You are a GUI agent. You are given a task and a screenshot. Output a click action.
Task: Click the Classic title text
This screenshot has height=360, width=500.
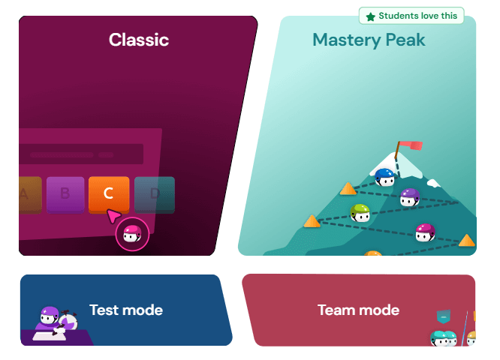tap(139, 40)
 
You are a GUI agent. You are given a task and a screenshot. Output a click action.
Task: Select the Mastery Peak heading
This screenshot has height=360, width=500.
tap(369, 40)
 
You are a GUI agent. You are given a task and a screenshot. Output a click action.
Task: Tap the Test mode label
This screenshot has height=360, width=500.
tap(125, 310)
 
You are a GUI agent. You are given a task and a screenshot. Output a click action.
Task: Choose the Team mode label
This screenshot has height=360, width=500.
tap(358, 310)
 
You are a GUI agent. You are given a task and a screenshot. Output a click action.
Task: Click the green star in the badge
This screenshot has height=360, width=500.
tap(370, 16)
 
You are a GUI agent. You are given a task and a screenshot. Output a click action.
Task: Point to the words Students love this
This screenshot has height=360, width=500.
tap(417, 16)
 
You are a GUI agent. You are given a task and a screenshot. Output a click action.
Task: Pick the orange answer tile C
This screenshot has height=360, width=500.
tap(109, 193)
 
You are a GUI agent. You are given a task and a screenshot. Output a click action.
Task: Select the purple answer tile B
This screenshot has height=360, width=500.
tap(65, 193)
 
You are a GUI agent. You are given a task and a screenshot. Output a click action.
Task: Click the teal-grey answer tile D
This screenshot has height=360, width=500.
tap(155, 193)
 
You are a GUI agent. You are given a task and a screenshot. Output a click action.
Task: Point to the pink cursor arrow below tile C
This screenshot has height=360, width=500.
tap(113, 217)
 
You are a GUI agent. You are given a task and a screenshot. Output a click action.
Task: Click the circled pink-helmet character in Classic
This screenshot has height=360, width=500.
tap(132, 235)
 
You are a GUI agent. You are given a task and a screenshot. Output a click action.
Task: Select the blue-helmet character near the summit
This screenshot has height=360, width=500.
tap(384, 178)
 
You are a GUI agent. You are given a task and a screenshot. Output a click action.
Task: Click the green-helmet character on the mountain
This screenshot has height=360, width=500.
tap(360, 213)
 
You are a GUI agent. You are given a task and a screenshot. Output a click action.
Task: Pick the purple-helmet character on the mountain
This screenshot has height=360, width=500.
tap(409, 198)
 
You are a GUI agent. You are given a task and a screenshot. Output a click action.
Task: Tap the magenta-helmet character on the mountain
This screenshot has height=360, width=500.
tap(425, 232)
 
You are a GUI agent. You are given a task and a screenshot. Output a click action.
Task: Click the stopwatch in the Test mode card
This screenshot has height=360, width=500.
tap(68, 321)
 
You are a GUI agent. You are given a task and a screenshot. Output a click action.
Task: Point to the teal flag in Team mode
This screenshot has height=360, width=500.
tap(444, 317)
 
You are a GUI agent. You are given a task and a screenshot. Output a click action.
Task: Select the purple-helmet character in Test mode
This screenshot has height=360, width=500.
tap(49, 316)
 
